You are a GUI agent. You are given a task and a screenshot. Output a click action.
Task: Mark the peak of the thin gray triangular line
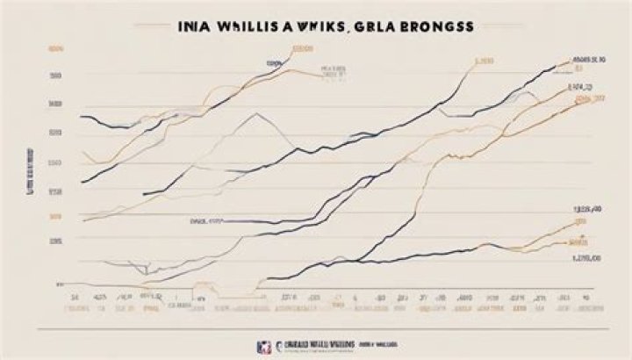click(256, 113)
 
